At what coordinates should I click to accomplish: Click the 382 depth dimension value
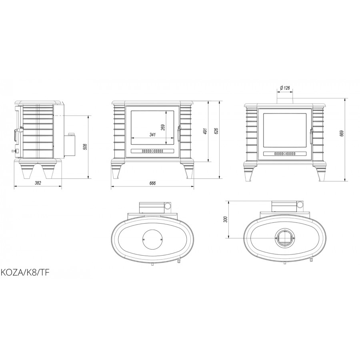38,183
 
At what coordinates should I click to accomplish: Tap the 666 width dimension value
152,183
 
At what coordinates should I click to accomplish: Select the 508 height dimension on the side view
85,147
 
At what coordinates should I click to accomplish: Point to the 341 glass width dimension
152,134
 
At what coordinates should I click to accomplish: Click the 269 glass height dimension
163,128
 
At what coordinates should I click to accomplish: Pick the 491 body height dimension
206,131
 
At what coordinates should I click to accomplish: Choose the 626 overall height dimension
216,131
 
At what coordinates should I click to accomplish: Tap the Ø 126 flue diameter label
285,88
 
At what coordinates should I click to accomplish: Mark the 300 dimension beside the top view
226,219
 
